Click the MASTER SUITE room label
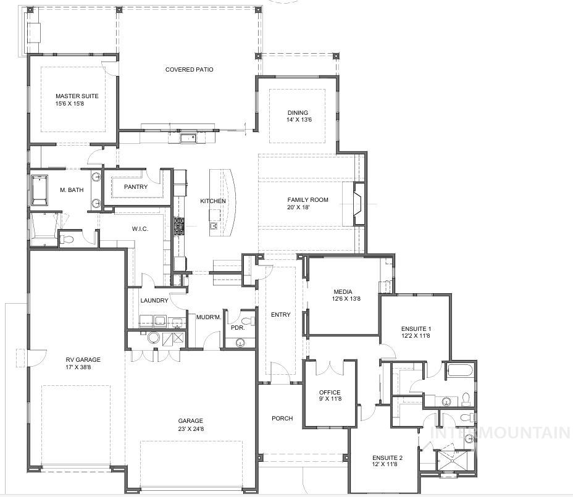[x=77, y=96]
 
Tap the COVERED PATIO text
[x=189, y=70]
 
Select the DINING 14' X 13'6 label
[x=298, y=116]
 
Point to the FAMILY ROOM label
[x=307, y=200]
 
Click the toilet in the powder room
[x=248, y=320]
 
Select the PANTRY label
[x=135, y=187]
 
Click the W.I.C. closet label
[x=140, y=229]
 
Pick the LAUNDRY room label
[x=154, y=301]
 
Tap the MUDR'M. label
[x=209, y=317]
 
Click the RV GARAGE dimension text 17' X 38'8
[x=83, y=367]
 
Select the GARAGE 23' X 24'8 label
[x=190, y=425]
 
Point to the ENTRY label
[x=280, y=315]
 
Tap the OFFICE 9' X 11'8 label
[x=330, y=396]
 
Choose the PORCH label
[x=282, y=419]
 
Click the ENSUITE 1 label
[x=416, y=332]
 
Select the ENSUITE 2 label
[x=387, y=461]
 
